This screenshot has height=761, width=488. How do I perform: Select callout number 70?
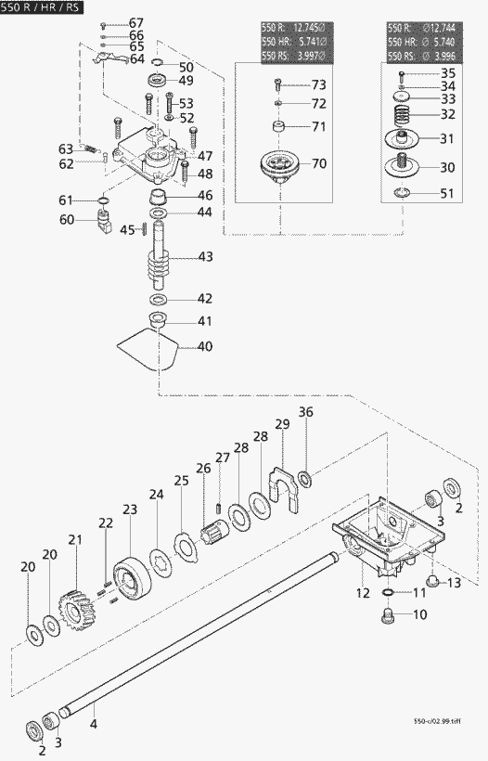(x=319, y=163)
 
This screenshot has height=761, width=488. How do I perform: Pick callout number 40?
(x=203, y=346)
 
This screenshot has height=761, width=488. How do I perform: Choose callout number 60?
(x=66, y=220)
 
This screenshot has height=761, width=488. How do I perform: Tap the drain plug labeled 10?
(x=390, y=616)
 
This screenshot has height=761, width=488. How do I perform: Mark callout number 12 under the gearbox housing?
(x=364, y=591)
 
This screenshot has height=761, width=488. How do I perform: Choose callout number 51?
(x=447, y=194)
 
